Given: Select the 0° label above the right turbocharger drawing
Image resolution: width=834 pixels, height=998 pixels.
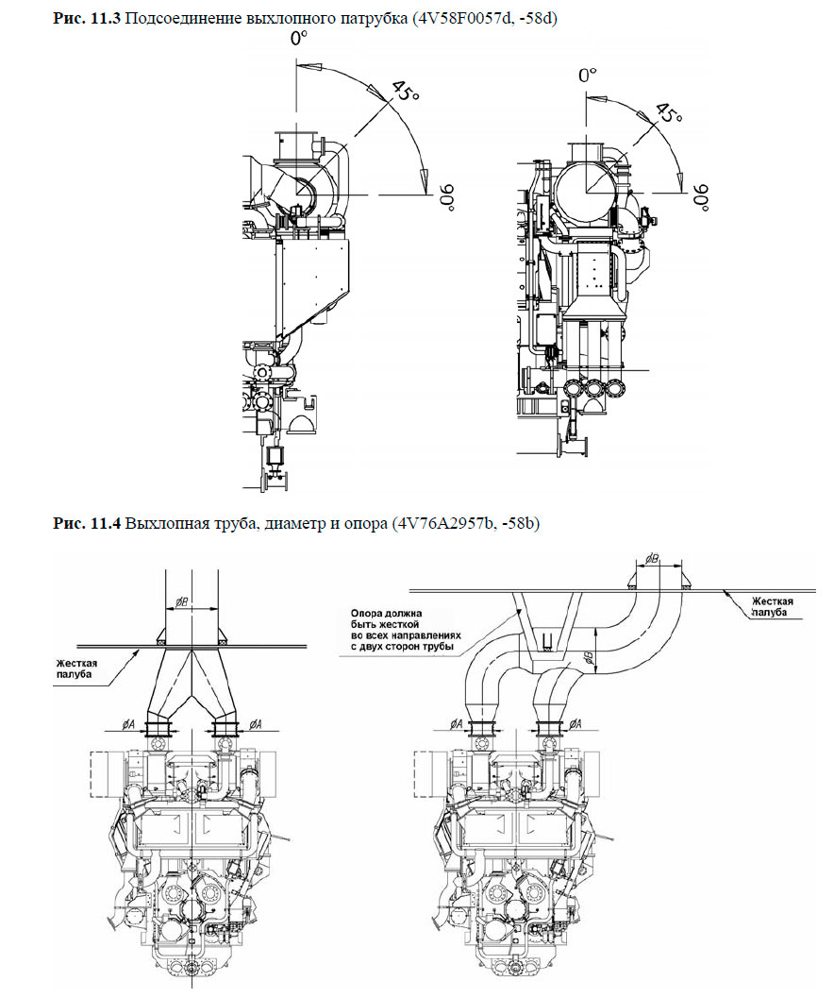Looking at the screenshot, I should pyautogui.click(x=589, y=75).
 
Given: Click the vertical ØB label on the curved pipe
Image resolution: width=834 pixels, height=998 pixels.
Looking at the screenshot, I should pyautogui.click(x=586, y=658).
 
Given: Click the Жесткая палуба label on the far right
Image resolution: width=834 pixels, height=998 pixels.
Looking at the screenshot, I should pyautogui.click(x=773, y=605).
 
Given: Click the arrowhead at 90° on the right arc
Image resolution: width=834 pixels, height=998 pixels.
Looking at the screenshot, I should pyautogui.click(x=682, y=185).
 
